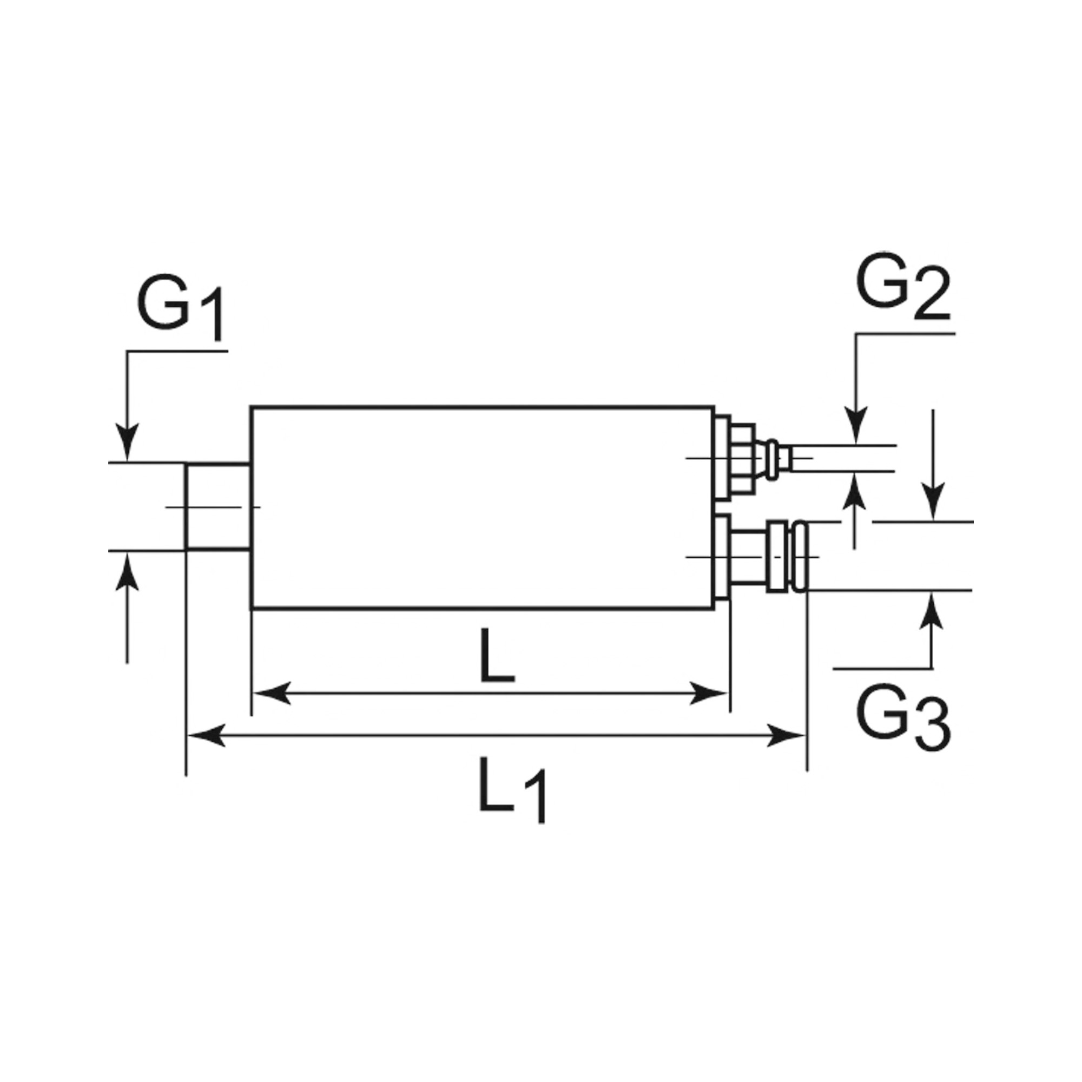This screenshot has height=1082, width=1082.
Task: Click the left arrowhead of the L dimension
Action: pyautogui.click(x=272, y=694)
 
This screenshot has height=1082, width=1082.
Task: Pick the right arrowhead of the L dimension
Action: pyautogui.click(x=709, y=694)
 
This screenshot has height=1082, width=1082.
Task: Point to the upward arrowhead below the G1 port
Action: pyautogui.click(x=128, y=571)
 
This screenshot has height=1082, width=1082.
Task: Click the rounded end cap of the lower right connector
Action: pyautogui.click(x=801, y=556)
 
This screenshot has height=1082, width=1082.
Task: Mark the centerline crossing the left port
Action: pyautogui.click(x=213, y=507)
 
